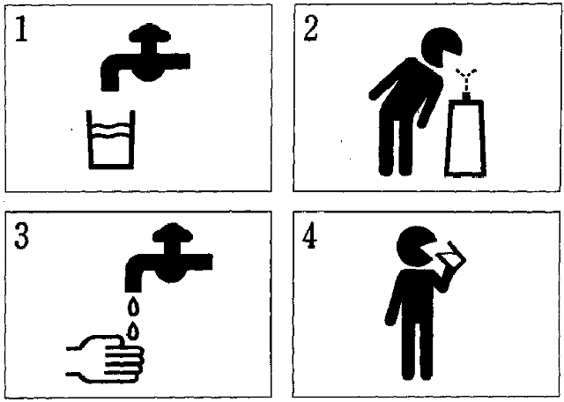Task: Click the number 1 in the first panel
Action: (21, 29)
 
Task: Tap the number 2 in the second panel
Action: (311, 29)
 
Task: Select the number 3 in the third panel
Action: (21, 236)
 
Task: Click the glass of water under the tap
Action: (111, 140)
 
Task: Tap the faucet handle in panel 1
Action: (150, 33)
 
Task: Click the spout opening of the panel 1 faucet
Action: (110, 87)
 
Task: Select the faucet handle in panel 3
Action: (173, 234)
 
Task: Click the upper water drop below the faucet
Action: (134, 308)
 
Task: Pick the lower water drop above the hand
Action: (133, 331)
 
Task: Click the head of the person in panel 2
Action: (440, 48)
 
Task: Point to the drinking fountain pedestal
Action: (466, 138)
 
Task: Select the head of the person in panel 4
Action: (415, 247)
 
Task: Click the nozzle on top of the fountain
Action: (466, 96)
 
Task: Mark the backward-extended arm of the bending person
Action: (386, 81)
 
